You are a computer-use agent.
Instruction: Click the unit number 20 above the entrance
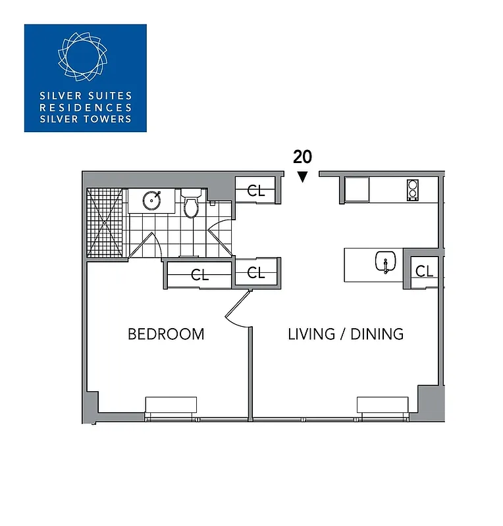pos(302,156)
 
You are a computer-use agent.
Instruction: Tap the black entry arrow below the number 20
pos(302,176)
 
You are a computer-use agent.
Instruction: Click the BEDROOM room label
pos(166,334)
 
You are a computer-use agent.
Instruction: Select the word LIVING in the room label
pos(310,334)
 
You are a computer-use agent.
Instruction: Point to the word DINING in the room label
pos(377,334)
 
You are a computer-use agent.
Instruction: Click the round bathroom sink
pos(151,200)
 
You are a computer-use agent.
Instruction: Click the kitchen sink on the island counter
pos(383,262)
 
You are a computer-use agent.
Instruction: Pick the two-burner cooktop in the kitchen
pos(413,190)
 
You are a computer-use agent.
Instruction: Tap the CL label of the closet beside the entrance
pos(256,191)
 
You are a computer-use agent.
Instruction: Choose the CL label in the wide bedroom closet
pos(199,275)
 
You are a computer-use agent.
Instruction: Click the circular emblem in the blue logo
pos(85,55)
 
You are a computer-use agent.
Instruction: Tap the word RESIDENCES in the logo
pos(86,108)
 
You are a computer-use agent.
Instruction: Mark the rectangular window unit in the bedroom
pos(171,405)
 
